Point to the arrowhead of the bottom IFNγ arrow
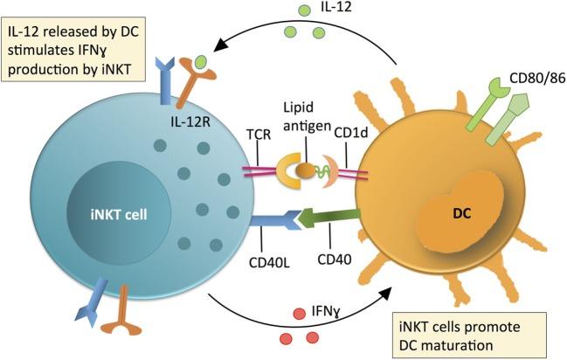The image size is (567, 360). pyautogui.click(x=388, y=299)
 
